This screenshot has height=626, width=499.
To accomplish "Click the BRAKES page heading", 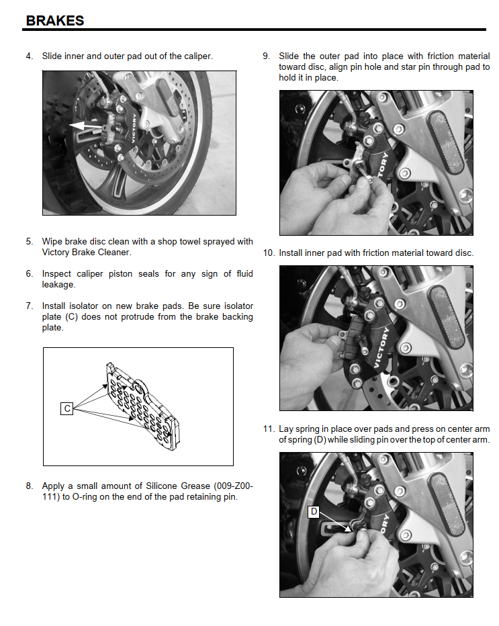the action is [54, 20].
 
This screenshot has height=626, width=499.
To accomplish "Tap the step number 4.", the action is [29, 56].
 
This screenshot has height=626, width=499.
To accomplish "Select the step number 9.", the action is [266, 56].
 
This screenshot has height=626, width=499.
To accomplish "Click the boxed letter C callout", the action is [66, 408].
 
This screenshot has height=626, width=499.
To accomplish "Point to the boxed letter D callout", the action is [314, 511].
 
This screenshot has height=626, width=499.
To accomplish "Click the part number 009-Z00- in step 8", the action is [233, 486].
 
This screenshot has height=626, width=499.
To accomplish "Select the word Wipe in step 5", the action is [52, 242].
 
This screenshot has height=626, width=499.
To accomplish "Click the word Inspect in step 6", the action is [56, 274].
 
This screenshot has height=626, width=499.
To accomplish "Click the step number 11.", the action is [269, 429].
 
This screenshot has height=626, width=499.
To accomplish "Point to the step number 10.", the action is [269, 253].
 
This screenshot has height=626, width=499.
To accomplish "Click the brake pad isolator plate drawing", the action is [142, 406].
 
